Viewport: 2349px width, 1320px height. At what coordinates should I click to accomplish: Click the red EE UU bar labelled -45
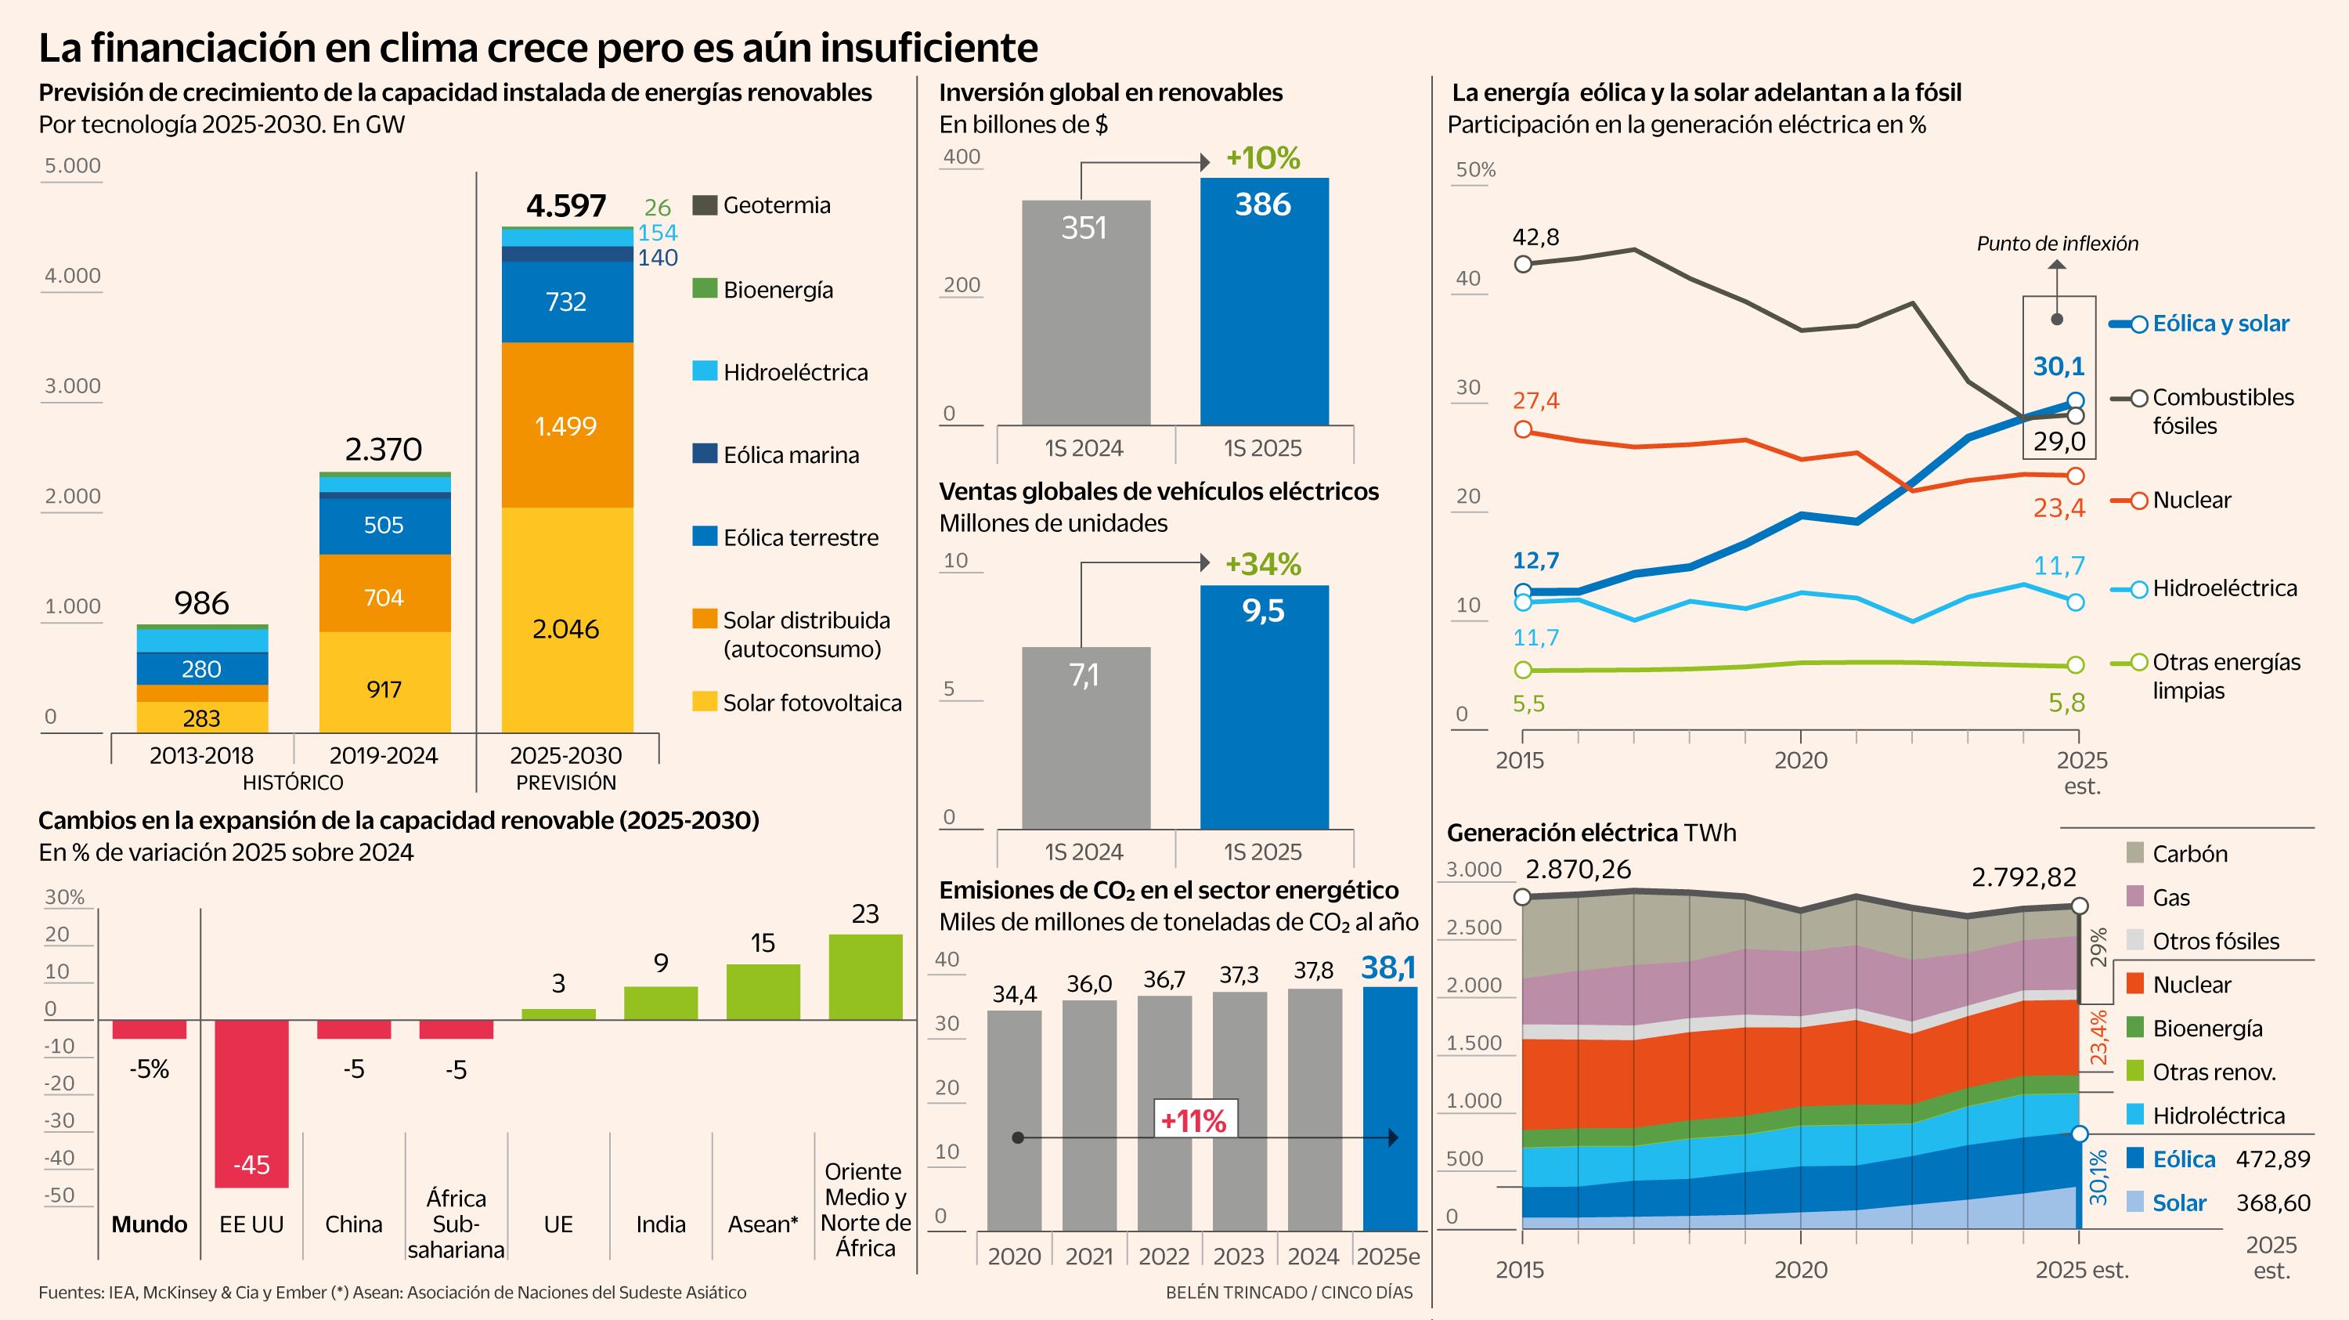pyautogui.click(x=251, y=1104)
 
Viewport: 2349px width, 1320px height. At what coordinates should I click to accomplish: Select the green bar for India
pyautogui.click(x=660, y=1003)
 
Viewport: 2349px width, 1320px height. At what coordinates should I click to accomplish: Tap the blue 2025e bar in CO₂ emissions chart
pyautogui.click(x=1389, y=1108)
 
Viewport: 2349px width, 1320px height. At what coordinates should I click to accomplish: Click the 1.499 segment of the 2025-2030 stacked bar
pyautogui.click(x=566, y=425)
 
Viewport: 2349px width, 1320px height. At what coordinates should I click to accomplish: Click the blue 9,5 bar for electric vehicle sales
pyautogui.click(x=1263, y=707)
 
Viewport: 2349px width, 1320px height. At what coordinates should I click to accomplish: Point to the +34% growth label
pyautogui.click(x=1262, y=564)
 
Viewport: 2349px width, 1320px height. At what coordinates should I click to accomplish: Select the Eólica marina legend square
pyautogui.click(x=704, y=454)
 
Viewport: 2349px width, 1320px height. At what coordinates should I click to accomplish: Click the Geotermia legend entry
pyautogui.click(x=775, y=205)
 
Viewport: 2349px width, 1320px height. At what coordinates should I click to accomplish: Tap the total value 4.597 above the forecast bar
pyautogui.click(x=565, y=206)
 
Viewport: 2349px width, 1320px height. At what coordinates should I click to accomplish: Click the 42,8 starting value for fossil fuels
pyautogui.click(x=1535, y=237)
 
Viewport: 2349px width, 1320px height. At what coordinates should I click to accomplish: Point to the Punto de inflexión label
pyautogui.click(x=2056, y=244)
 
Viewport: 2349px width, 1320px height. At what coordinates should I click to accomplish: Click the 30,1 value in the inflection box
pyautogui.click(x=2058, y=367)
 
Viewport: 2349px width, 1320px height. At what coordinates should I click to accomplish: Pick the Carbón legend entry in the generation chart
pyautogui.click(x=2188, y=854)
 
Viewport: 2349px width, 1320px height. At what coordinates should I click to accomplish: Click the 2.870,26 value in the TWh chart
pyautogui.click(x=1578, y=870)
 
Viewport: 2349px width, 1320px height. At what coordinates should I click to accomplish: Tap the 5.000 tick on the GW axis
pyautogui.click(x=73, y=166)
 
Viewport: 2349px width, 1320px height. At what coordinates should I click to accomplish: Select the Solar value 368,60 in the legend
pyautogui.click(x=2272, y=1202)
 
